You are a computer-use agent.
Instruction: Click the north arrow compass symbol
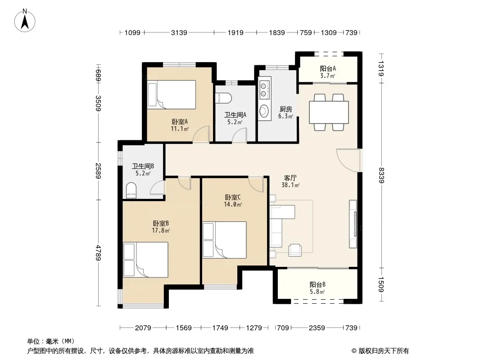pyautogui.click(x=25, y=21)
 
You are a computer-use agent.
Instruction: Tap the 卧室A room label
pyautogui.click(x=180, y=122)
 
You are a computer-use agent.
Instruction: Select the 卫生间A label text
pyautogui.click(x=235, y=115)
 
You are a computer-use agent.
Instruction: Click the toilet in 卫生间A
pyautogui.click(x=223, y=98)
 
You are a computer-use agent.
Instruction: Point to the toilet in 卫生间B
pyautogui.click(x=131, y=190)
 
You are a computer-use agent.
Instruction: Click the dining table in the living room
pyautogui.click(x=329, y=112)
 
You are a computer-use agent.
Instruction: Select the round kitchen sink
pyautogui.click(x=264, y=111)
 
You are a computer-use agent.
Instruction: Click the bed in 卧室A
pyautogui.click(x=172, y=94)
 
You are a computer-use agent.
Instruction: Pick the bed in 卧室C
pyautogui.click(x=224, y=240)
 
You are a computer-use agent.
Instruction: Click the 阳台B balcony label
pyautogui.click(x=317, y=285)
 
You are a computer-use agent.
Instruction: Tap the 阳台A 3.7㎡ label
pyautogui.click(x=328, y=72)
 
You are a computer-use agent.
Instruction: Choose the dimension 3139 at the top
pyautogui.click(x=179, y=32)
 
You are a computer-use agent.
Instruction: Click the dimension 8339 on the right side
pyautogui.click(x=381, y=175)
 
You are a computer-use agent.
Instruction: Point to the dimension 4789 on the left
pyautogui.click(x=98, y=252)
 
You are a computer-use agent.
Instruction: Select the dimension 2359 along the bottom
pyautogui.click(x=317, y=328)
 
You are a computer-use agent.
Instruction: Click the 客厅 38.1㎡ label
pyautogui.click(x=290, y=181)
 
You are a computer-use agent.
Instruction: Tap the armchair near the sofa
pyautogui.click(x=295, y=250)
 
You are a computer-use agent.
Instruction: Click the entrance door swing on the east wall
pyautogui.click(x=349, y=160)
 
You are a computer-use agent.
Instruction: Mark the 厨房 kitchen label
pyautogui.click(x=286, y=109)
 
